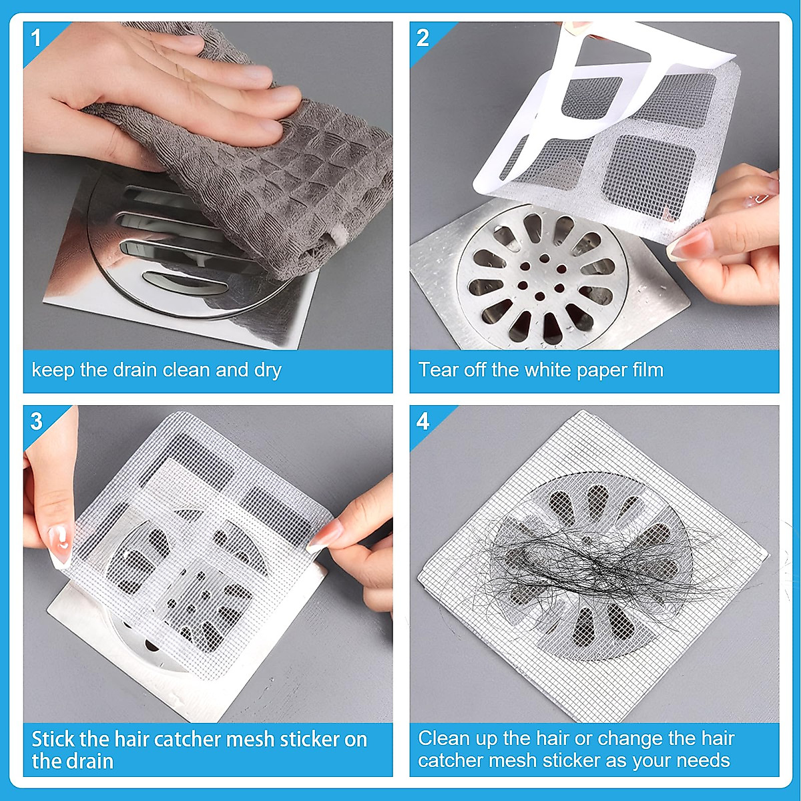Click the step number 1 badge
[36, 38]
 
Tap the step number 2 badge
[423, 38]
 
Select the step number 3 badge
[36, 422]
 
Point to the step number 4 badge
[423, 422]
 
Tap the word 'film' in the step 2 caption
[645, 370]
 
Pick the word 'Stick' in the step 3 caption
[53, 740]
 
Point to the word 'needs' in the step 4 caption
[701, 760]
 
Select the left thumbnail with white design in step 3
[60, 544]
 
